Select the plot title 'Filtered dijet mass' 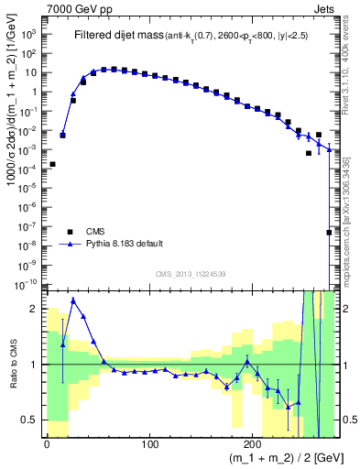click(117, 36)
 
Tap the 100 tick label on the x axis click(149, 444)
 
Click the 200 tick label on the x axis click(253, 444)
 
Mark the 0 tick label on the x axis click(47, 444)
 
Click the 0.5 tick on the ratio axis click(30, 420)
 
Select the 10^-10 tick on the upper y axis click(27, 285)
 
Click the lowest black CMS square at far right click(329, 233)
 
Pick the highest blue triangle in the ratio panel click(73, 300)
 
